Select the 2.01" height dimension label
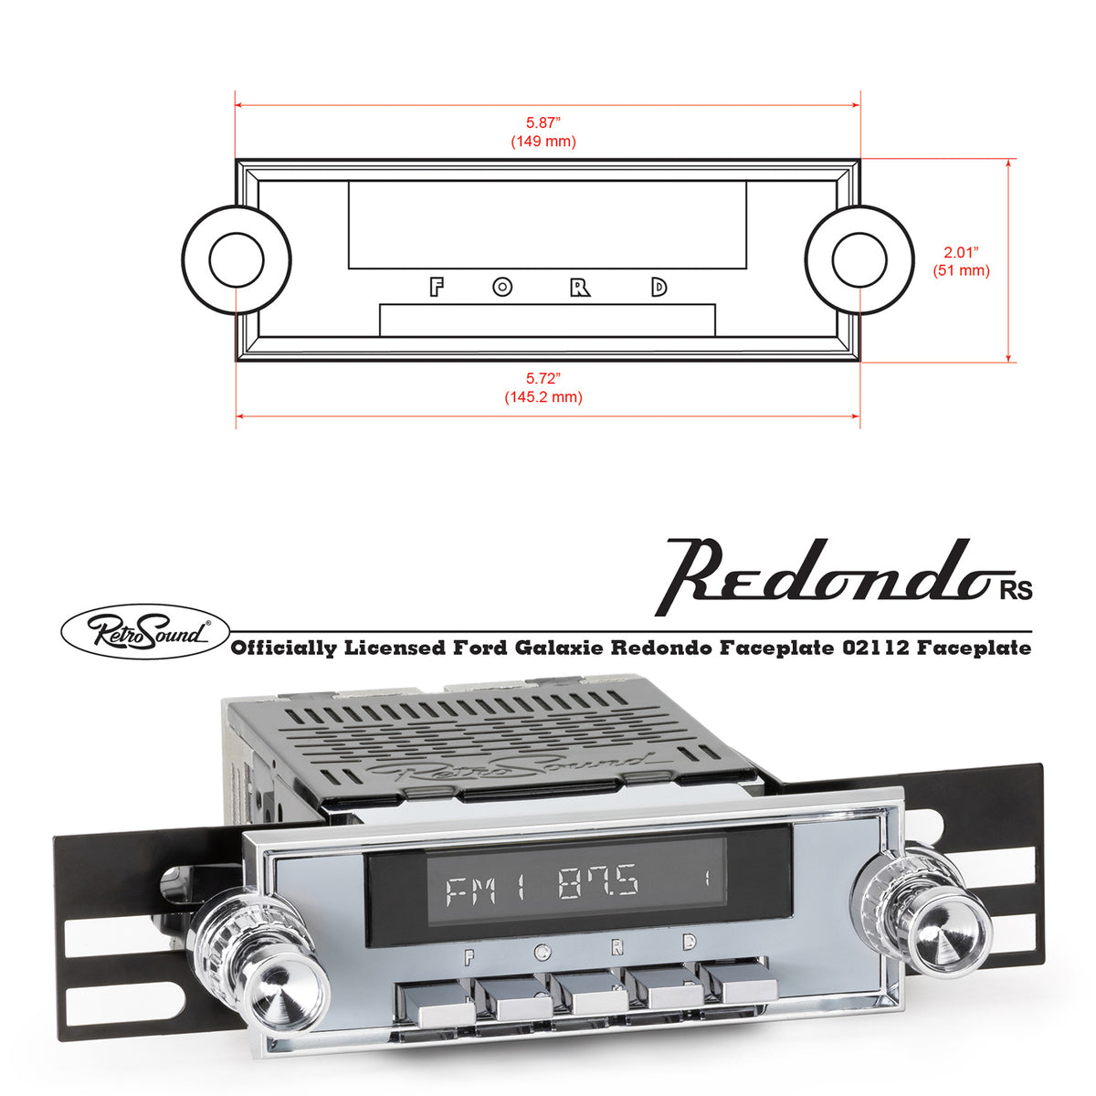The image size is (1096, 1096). click(x=961, y=252)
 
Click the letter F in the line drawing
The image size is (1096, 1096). click(x=437, y=288)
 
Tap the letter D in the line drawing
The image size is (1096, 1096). click(x=659, y=288)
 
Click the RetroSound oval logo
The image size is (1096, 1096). click(x=143, y=631)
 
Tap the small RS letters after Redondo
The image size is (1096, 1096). click(x=1015, y=591)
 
